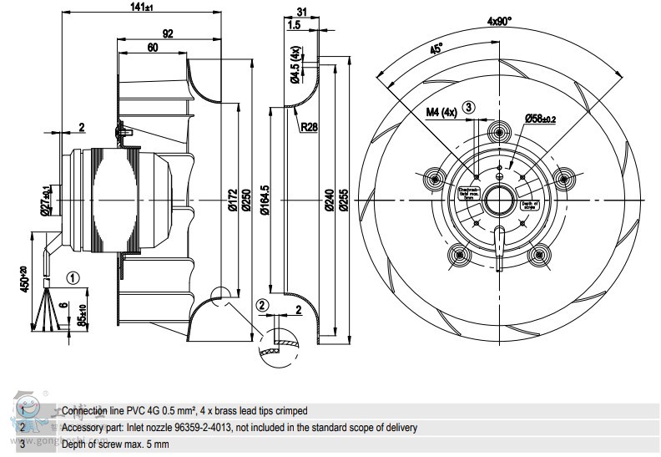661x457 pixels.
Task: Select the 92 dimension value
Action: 168,33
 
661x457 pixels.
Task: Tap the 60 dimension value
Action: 153,48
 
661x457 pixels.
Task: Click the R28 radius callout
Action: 310,126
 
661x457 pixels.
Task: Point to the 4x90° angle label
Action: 501,21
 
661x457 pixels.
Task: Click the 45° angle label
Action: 436,48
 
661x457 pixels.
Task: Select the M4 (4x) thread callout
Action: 442,109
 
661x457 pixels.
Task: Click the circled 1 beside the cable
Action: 73,279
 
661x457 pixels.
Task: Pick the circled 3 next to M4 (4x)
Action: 469,107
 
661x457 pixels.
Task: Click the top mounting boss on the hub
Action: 499,131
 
